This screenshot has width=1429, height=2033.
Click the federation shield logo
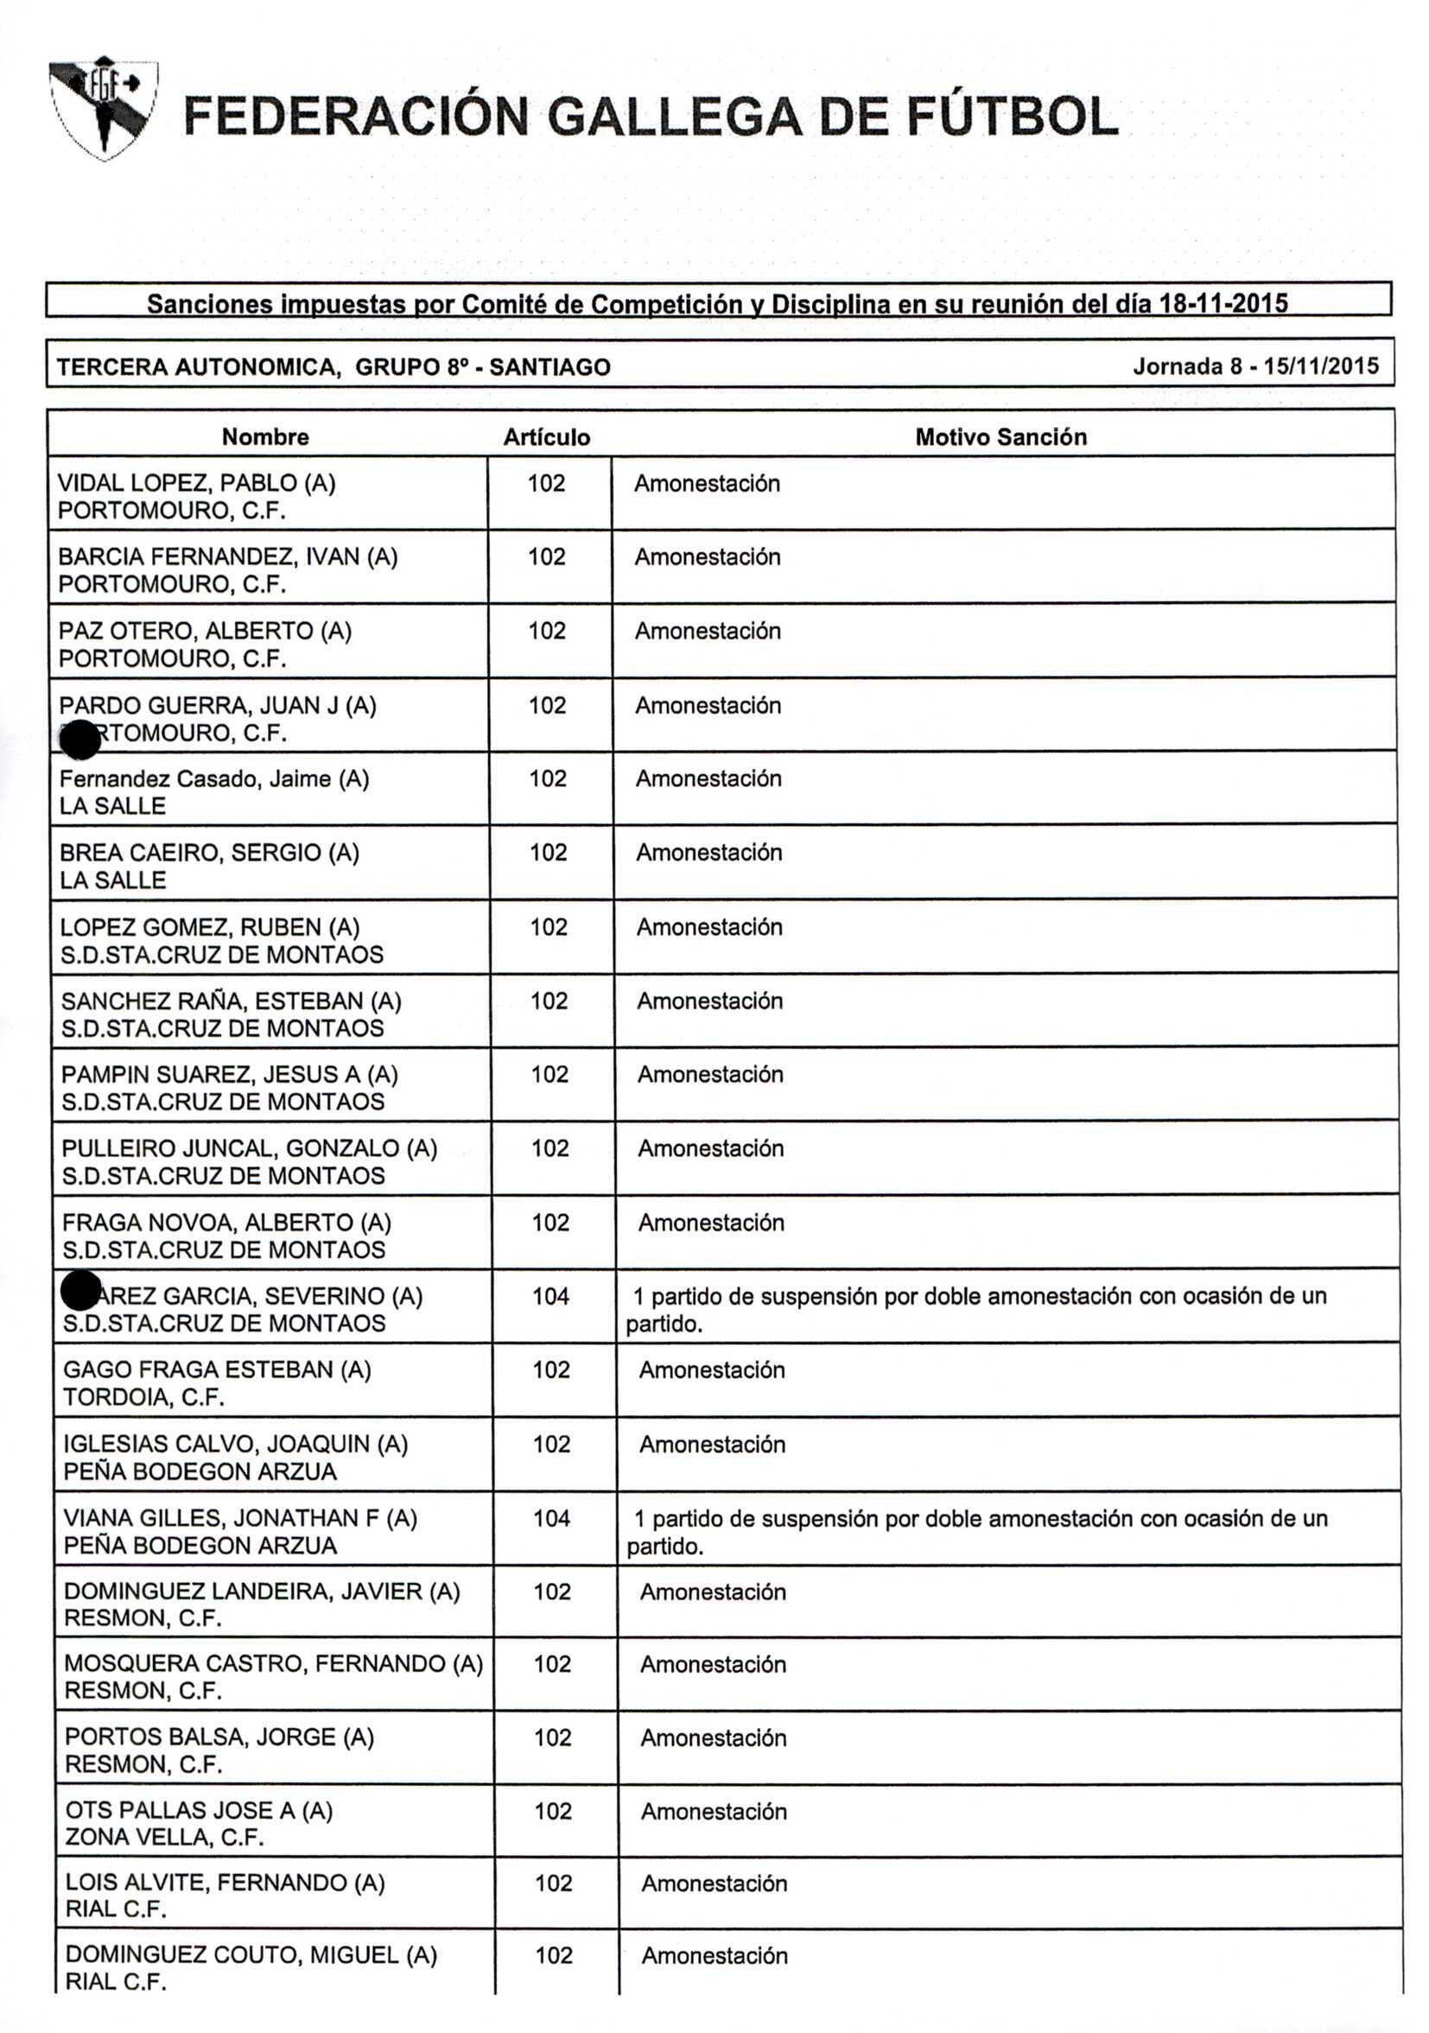tap(104, 107)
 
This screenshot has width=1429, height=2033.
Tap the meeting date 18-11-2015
tap(1223, 304)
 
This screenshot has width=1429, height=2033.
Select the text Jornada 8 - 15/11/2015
tap(1255, 365)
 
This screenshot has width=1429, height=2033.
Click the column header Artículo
tap(546, 437)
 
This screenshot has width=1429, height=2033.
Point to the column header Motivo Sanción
tap(1000, 436)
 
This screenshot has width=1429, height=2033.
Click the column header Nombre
tap(264, 436)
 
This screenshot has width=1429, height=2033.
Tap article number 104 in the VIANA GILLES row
tap(550, 1519)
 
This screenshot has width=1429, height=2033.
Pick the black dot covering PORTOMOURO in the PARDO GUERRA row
tap(79, 740)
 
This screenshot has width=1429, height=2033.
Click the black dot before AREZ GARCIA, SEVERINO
tap(80, 1290)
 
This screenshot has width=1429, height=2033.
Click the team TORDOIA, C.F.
tap(143, 1397)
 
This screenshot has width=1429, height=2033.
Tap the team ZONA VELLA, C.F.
tap(165, 1838)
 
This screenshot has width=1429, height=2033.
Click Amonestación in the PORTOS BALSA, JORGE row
tap(714, 1738)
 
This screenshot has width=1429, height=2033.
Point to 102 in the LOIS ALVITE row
tap(553, 1884)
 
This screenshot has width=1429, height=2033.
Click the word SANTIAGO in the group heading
tap(549, 366)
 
